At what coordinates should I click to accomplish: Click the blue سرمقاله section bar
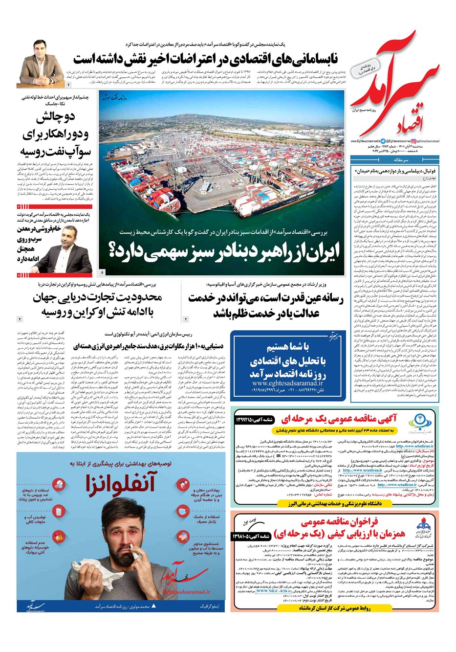(395, 159)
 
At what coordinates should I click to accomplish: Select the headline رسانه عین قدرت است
(266, 305)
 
